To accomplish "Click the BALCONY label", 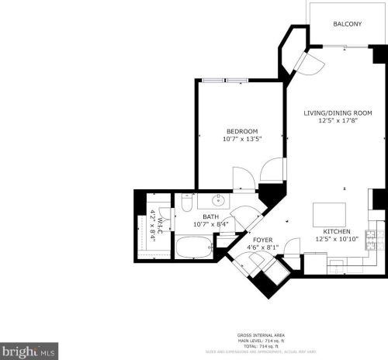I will [x=347, y=24].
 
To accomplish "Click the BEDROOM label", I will [x=242, y=131].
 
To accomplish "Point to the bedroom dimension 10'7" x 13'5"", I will [x=242, y=140].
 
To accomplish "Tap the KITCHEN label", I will [x=337, y=231].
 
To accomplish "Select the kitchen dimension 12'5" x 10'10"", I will [x=337, y=240].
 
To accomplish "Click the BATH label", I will [x=211, y=216].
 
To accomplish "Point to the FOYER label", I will [x=262, y=240].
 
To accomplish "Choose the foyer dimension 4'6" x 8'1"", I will [x=262, y=248].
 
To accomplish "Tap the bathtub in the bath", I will [x=194, y=247].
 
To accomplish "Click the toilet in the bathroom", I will [x=187, y=203].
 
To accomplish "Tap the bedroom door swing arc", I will [x=272, y=169].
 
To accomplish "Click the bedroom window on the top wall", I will [x=226, y=80].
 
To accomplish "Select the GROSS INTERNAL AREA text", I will [x=260, y=335].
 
